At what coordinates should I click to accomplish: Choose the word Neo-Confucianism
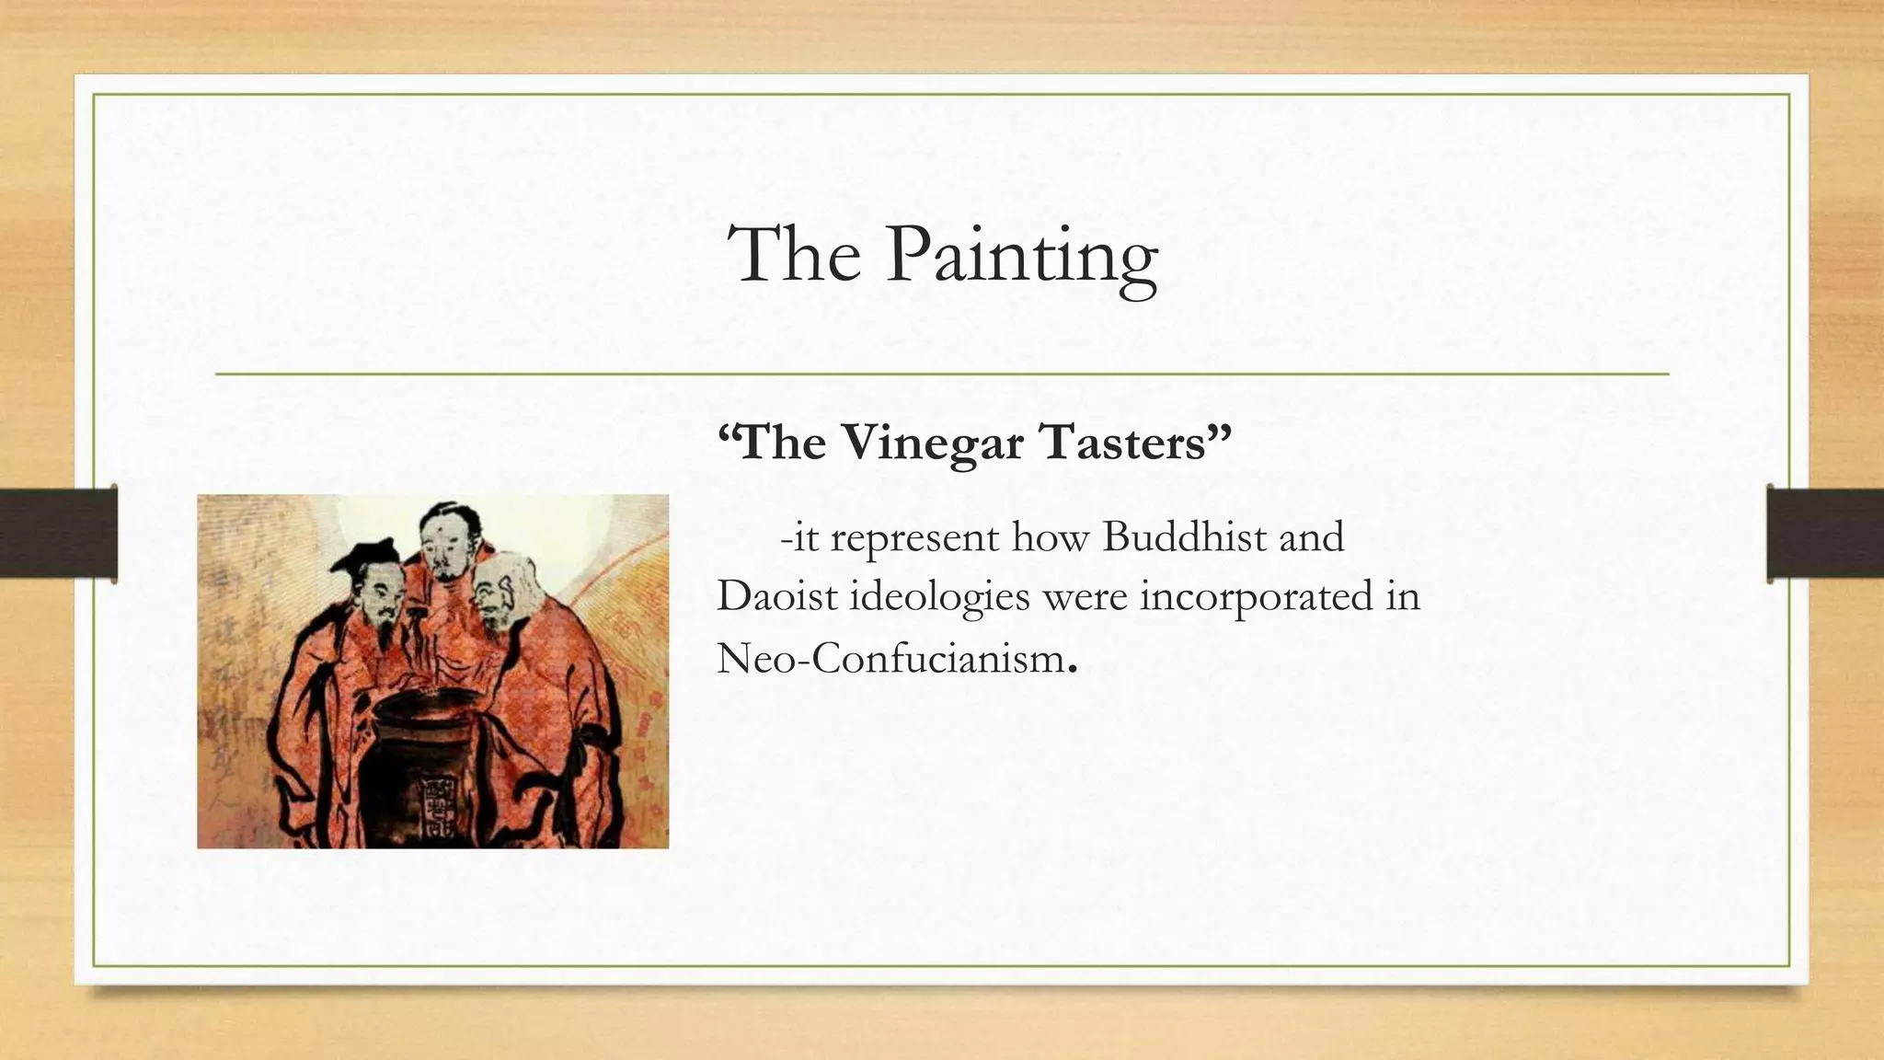(x=890, y=659)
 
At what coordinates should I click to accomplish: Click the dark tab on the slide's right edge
(x=1825, y=533)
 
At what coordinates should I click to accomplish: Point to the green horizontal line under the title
(x=942, y=374)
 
